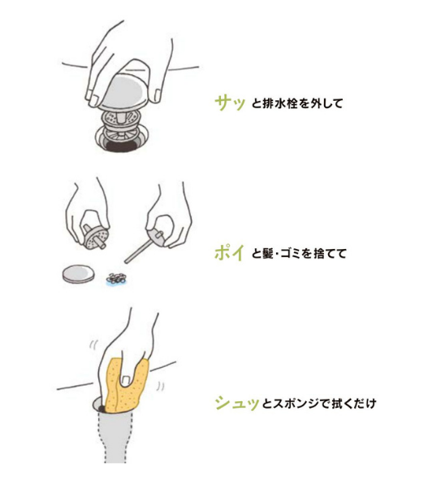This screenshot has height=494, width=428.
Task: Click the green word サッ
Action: (x=230, y=103)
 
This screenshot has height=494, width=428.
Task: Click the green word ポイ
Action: (x=229, y=252)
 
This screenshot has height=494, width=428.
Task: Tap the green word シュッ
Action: (x=237, y=403)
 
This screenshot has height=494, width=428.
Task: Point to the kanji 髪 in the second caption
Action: (x=267, y=253)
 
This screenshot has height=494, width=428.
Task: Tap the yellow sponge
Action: (x=126, y=387)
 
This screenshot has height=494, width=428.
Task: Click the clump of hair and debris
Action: (x=116, y=278)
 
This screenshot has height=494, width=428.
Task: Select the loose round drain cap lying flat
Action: (x=78, y=273)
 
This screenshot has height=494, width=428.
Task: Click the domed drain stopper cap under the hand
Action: (x=123, y=93)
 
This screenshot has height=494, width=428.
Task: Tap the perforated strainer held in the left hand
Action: (x=96, y=239)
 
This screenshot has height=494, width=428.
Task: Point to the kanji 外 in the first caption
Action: (x=315, y=103)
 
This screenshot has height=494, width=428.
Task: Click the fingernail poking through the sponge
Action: (x=126, y=381)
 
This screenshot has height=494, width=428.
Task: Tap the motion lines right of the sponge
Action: (x=161, y=387)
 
